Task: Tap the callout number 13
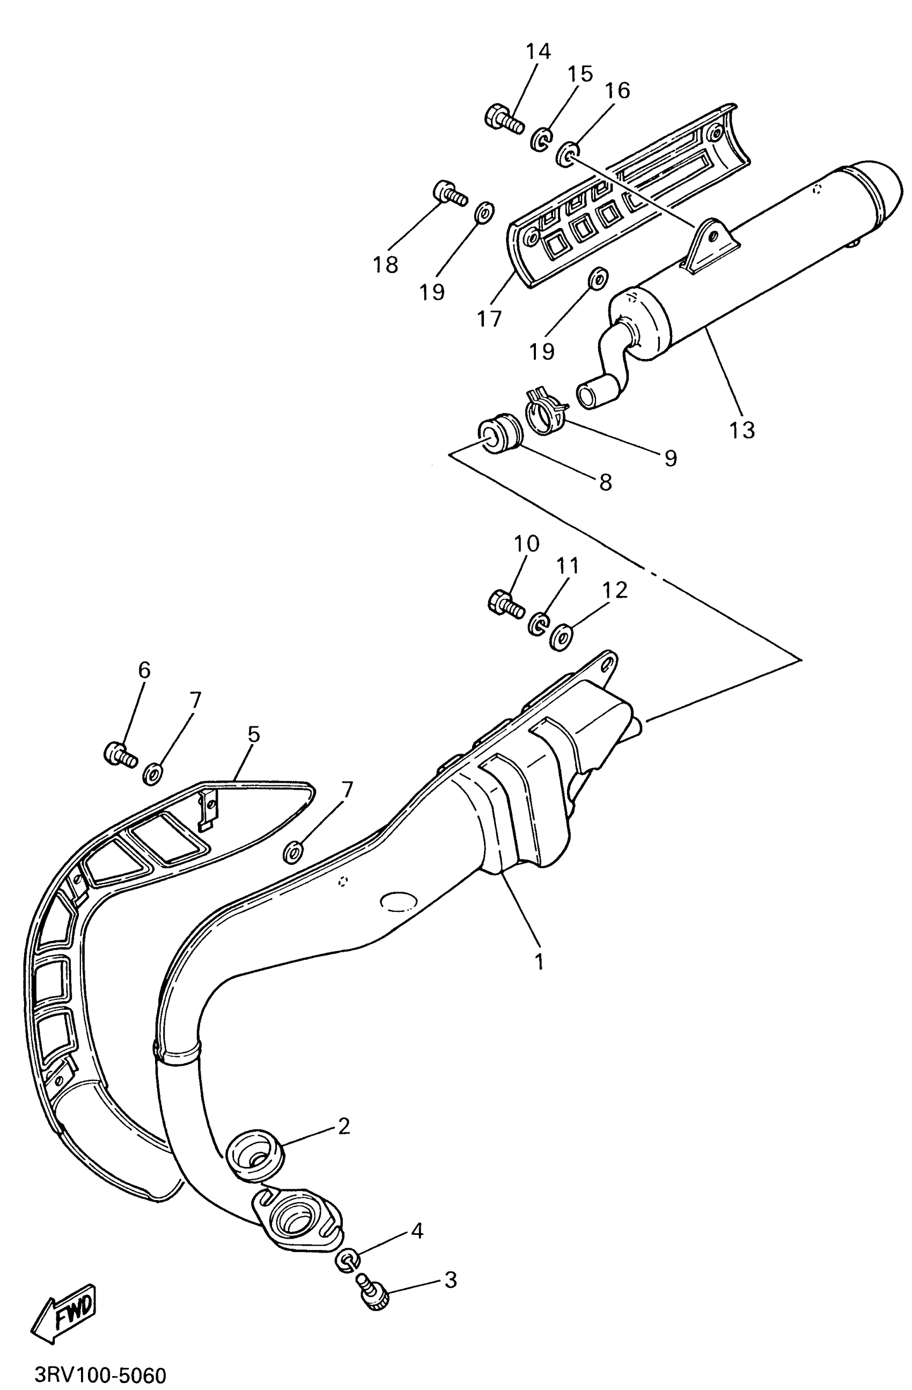741,430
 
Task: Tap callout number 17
489,319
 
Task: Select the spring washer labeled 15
541,140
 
